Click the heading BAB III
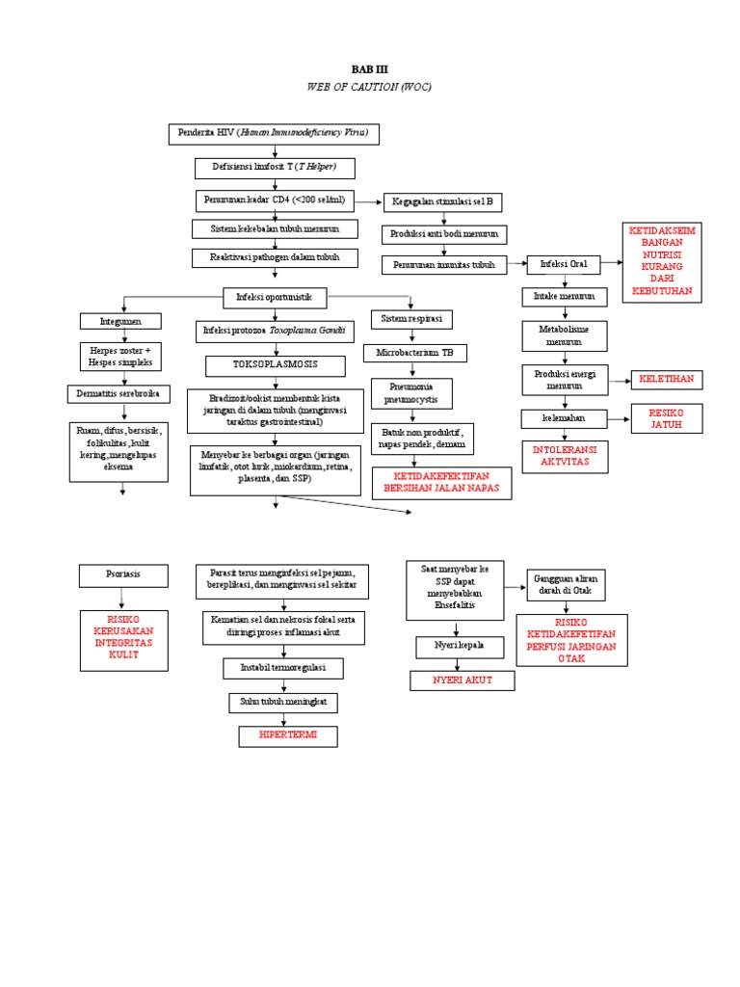click(x=369, y=70)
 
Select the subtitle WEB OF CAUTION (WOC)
click(x=369, y=87)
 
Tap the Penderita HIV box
click(x=275, y=132)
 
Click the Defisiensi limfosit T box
click(x=276, y=168)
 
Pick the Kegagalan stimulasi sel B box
click(x=442, y=202)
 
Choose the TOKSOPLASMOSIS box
click(x=275, y=365)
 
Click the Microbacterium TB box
click(x=415, y=353)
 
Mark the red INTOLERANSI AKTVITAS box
click(x=565, y=456)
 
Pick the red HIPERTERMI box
click(x=288, y=735)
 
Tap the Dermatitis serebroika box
click(x=119, y=393)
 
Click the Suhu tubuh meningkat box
click(x=282, y=703)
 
